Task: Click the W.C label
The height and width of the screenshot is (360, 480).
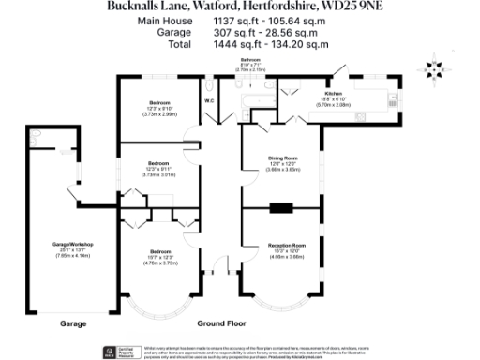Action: click(x=208, y=99)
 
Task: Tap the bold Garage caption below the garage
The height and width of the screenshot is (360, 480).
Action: click(x=73, y=323)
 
